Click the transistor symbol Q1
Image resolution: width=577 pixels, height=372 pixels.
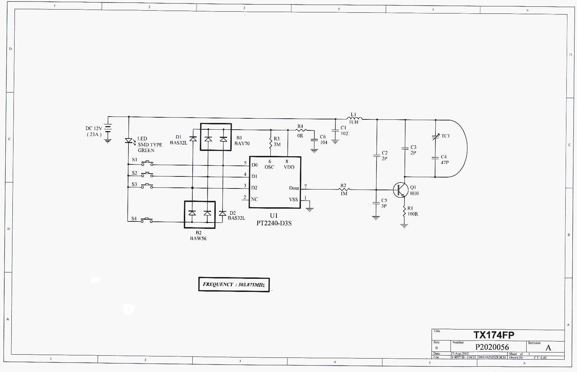(401, 190)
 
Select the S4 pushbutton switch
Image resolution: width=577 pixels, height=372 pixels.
(147, 220)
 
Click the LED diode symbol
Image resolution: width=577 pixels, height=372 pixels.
(128, 141)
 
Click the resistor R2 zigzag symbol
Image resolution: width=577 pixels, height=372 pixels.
(343, 190)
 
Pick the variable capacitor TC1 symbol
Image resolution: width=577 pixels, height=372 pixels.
(435, 136)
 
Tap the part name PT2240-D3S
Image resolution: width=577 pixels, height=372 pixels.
(274, 223)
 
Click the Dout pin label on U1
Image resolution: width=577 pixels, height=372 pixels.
(294, 188)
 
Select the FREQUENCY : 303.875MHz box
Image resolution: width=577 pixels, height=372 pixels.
(234, 284)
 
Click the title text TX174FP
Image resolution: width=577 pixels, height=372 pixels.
(494, 335)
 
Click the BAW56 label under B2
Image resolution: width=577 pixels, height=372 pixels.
(198, 238)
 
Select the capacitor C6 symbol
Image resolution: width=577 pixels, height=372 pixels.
(314, 140)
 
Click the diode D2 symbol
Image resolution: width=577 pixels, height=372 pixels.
(222, 213)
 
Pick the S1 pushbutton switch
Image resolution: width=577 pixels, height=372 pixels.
(147, 163)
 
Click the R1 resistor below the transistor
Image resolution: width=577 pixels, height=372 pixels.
(404, 212)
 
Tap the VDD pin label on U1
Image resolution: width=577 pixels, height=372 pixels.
(289, 167)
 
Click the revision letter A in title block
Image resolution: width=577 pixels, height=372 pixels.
(548, 348)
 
